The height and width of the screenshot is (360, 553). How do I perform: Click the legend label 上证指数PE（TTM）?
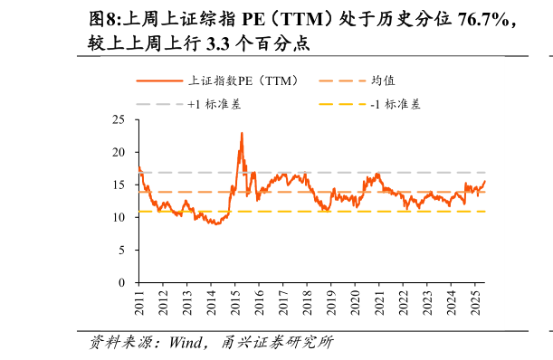(x=243, y=81)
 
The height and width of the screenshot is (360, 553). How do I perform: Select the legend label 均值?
(x=383, y=81)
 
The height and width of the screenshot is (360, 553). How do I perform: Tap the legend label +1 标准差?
(x=215, y=104)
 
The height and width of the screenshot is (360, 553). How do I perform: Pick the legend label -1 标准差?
(x=396, y=104)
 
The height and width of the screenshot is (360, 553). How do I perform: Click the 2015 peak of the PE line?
(x=242, y=133)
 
